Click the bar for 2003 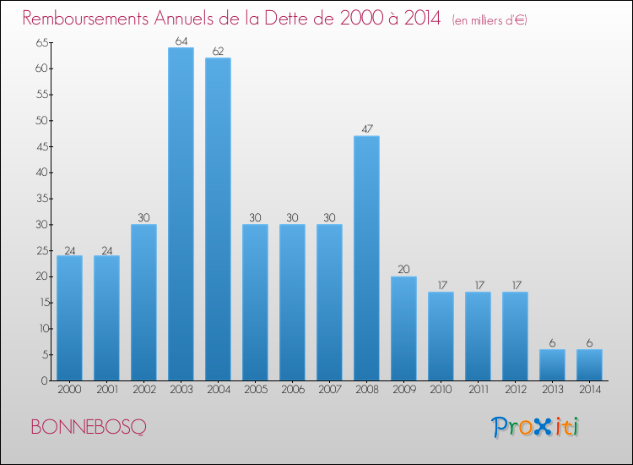[x=181, y=214]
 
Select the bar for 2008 [x=366, y=258]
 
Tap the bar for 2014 [x=589, y=365]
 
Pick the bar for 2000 [x=69, y=318]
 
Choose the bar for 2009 [x=403, y=328]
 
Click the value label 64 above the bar [x=181, y=41]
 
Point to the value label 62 [x=218, y=51]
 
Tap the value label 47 [x=366, y=129]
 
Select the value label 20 [x=403, y=270]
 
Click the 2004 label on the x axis [x=218, y=390]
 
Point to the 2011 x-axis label [x=478, y=390]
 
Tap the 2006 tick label [x=292, y=390]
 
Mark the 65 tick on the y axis [x=39, y=42]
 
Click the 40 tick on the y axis [x=39, y=172]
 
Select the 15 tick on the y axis [x=39, y=303]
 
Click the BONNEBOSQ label [x=87, y=427]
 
